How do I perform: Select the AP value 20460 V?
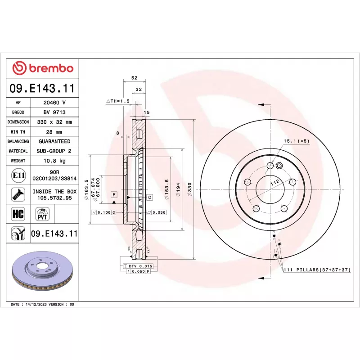(x=54, y=103)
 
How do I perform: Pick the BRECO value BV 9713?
(x=54, y=112)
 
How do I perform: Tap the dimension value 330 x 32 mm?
(x=54, y=122)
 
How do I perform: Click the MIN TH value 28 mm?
(x=54, y=132)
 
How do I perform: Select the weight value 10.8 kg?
(x=54, y=161)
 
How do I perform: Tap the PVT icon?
(x=42, y=214)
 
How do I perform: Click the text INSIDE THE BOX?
(x=55, y=191)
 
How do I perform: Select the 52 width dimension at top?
(x=134, y=78)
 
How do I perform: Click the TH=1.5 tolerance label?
(x=118, y=101)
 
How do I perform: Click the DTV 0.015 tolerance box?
(x=140, y=266)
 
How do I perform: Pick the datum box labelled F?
(x=114, y=194)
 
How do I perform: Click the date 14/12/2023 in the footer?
(x=38, y=305)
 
